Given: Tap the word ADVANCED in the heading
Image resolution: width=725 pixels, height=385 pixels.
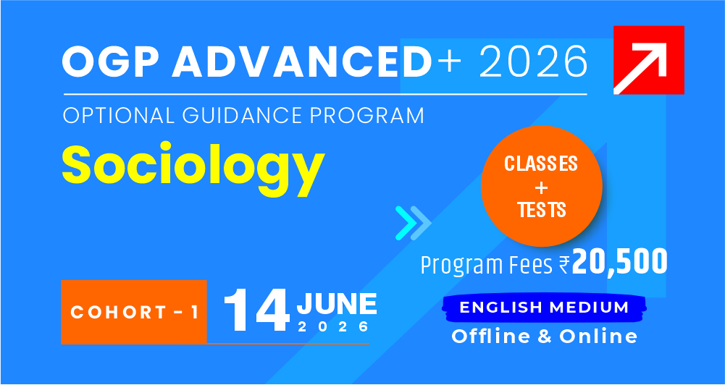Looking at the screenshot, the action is [301, 62].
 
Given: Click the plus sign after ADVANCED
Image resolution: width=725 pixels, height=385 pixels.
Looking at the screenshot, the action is [450, 62].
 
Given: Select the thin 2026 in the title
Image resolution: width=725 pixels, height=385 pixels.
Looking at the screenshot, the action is [533, 62].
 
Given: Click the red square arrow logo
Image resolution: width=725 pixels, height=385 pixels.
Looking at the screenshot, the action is [649, 60].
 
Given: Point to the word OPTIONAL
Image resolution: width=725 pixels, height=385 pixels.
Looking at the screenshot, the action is [119, 116].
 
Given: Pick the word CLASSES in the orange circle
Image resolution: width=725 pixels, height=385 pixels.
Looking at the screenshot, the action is [541, 164].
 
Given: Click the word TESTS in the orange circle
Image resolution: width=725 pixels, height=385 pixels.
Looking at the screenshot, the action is [542, 210].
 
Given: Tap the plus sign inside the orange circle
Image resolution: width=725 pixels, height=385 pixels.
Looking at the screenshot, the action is [542, 187].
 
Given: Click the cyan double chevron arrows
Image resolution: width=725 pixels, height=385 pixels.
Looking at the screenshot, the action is [413, 223].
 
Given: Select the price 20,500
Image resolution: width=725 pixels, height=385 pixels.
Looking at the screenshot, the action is [619, 262].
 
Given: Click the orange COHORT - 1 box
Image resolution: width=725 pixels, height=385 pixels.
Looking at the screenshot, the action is [133, 312].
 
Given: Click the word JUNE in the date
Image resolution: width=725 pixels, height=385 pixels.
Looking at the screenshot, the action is [337, 304].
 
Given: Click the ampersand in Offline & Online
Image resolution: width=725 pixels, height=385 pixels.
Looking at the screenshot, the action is [544, 337].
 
